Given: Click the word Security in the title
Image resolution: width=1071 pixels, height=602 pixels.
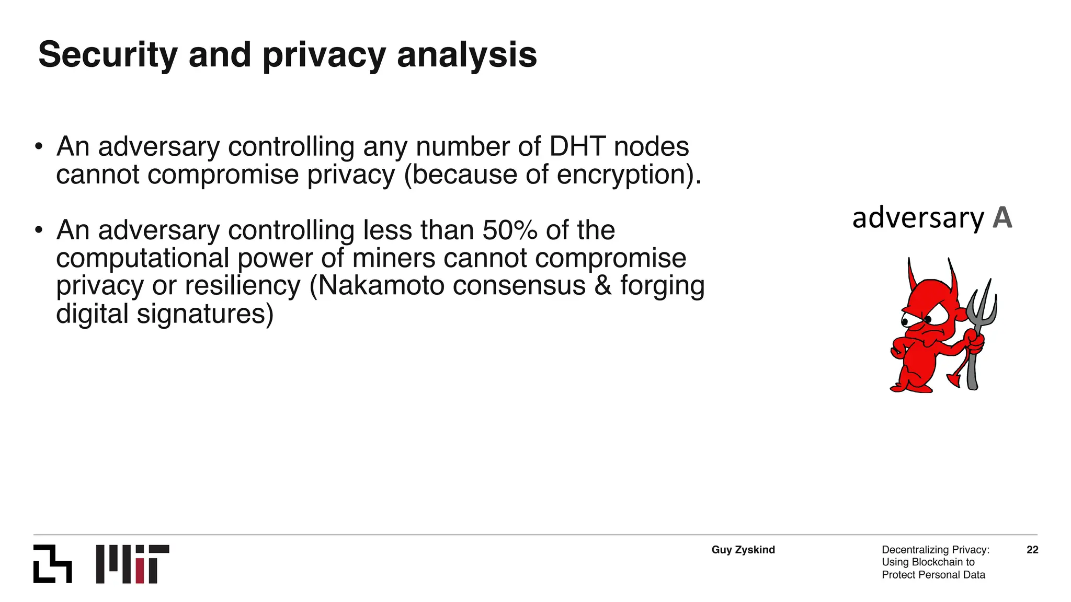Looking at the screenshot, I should (108, 55).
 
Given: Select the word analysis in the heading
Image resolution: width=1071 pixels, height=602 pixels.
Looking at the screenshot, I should (466, 55).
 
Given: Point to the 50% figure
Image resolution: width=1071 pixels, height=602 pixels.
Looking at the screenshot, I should (509, 230).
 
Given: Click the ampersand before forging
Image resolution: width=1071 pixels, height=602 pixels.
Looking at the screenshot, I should (602, 286).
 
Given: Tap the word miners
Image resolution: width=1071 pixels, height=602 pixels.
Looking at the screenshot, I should (394, 258).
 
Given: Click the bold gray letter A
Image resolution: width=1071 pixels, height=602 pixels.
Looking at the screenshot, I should (1002, 218).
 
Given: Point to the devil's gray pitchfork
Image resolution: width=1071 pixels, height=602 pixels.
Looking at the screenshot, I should (979, 324).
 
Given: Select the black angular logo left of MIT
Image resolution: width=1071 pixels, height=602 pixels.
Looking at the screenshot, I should (52, 564).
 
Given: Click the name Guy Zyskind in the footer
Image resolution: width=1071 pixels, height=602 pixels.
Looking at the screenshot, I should (743, 550).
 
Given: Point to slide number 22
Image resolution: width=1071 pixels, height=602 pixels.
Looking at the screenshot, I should (1032, 550).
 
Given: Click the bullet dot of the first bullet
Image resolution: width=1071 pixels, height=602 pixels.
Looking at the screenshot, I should (38, 147).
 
